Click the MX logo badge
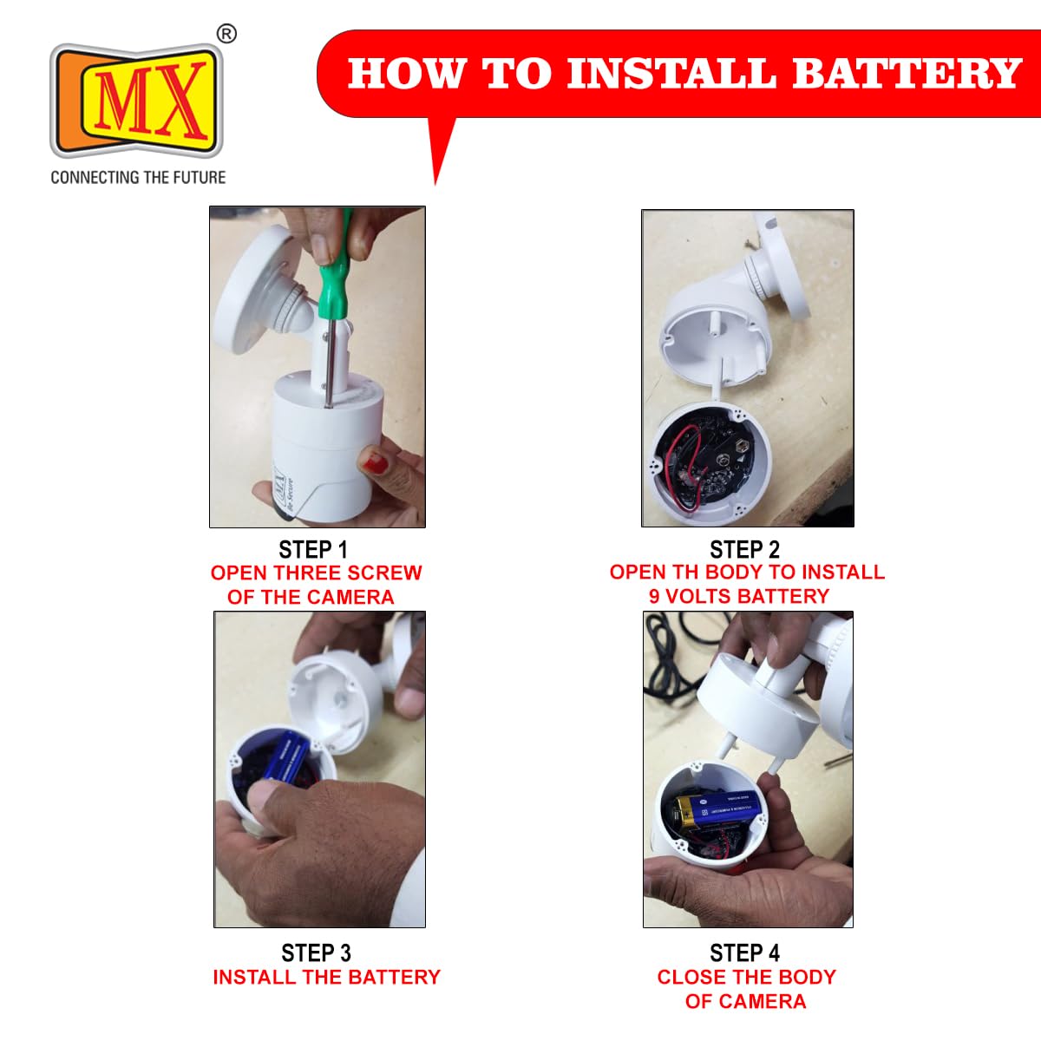tap(136, 101)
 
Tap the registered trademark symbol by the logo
tap(226, 34)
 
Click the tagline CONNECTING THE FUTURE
tap(138, 178)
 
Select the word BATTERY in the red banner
tap(907, 74)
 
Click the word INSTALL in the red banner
tap(671, 74)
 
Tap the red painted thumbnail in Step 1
tap(374, 460)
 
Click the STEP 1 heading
tap(313, 550)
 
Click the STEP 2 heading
tap(745, 550)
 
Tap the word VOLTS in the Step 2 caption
tap(701, 596)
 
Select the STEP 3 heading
tap(316, 953)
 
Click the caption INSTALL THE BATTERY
tap(327, 977)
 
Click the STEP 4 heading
tap(745, 953)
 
